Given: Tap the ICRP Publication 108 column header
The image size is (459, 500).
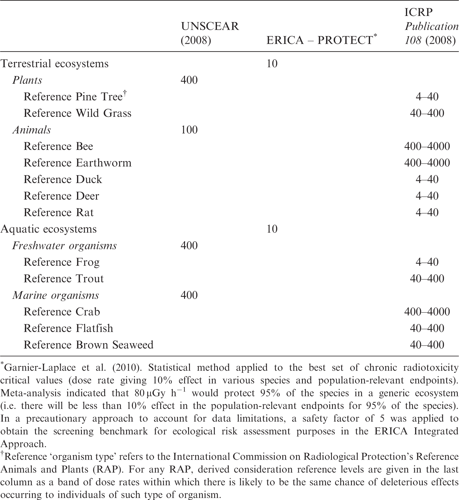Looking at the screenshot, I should (431, 26).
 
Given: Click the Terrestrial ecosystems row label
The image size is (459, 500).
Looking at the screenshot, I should (55, 64).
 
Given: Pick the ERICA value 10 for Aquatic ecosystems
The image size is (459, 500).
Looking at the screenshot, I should (272, 229).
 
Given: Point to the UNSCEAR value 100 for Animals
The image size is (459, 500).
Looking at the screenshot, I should (189, 130).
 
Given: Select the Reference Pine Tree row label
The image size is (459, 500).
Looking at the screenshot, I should (74, 97).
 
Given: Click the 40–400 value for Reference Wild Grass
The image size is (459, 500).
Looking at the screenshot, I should (427, 113).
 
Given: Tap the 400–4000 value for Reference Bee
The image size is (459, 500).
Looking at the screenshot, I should (427, 146).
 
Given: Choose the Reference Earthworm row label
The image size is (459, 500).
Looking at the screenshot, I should (77, 163).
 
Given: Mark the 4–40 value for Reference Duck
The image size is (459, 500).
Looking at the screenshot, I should (427, 179).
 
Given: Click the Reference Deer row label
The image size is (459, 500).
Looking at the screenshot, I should (61, 196).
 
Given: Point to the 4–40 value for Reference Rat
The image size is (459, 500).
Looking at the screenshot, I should (427, 212).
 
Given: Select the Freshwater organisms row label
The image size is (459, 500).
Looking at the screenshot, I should (64, 246).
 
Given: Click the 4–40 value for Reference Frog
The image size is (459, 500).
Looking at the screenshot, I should (427, 262).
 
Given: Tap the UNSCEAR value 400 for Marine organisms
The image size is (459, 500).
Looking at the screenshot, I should (189, 295).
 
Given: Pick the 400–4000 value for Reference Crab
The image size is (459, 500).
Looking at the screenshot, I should (427, 312).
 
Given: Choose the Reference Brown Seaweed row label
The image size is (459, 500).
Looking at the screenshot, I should (88, 345).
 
